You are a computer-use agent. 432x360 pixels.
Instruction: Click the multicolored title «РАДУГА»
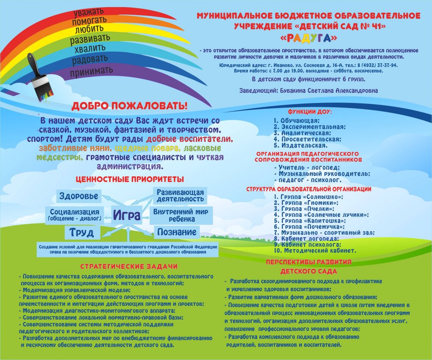pos(309,38)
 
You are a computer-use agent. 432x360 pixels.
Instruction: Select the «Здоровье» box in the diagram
pos(79,196)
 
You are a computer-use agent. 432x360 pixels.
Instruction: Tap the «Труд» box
pos(82,233)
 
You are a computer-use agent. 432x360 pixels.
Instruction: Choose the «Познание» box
pos(177,232)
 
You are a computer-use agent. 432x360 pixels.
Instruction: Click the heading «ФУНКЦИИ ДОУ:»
pos(310,112)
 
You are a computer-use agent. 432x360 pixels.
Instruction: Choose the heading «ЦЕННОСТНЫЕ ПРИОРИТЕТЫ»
pos(130,179)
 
